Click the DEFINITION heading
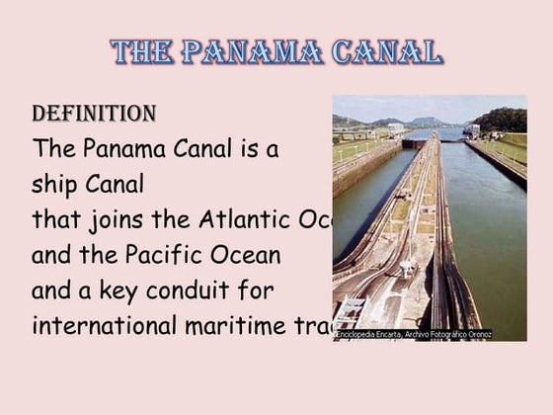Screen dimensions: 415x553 [94, 114]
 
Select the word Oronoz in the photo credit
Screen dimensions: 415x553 [478, 335]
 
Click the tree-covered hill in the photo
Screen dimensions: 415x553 [504, 120]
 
